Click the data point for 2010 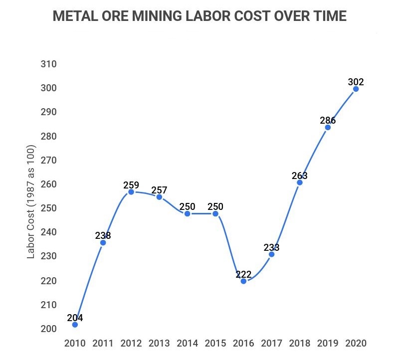coord(75,325)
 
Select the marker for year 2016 coord(243,281)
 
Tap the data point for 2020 coord(356,89)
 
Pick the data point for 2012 coord(131,192)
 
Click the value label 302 coord(356,81)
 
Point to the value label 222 coord(243,274)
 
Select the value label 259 coord(131,185)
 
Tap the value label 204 coord(75,318)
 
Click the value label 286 coord(328,120)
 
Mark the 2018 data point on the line coord(299,182)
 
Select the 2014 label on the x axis coord(188,344)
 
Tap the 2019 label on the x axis coord(328,344)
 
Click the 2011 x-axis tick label coord(103,344)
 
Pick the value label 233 coord(271,247)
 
